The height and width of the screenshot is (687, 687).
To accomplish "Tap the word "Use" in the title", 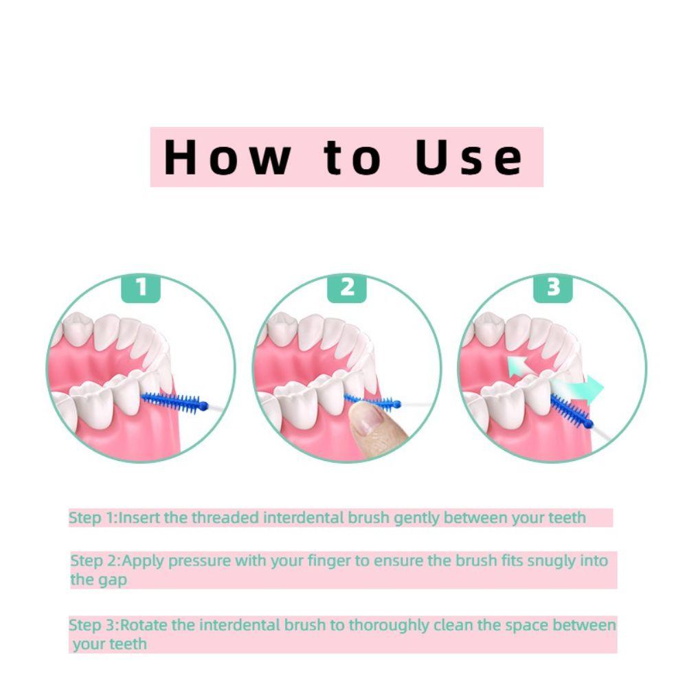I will click(x=469, y=157).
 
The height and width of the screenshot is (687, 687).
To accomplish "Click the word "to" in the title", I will click(x=352, y=157).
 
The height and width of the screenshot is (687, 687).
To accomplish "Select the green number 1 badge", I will click(x=141, y=288).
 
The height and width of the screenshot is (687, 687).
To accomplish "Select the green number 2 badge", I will click(x=348, y=288).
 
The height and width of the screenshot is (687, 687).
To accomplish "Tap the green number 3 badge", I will click(x=554, y=288).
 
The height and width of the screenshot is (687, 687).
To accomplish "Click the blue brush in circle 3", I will click(x=571, y=413).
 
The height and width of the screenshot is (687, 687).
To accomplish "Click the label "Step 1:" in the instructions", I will click(x=93, y=518).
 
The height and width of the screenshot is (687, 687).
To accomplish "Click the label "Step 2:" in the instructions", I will click(x=95, y=561).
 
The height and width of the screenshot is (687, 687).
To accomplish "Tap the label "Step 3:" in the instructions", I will click(x=93, y=626).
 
